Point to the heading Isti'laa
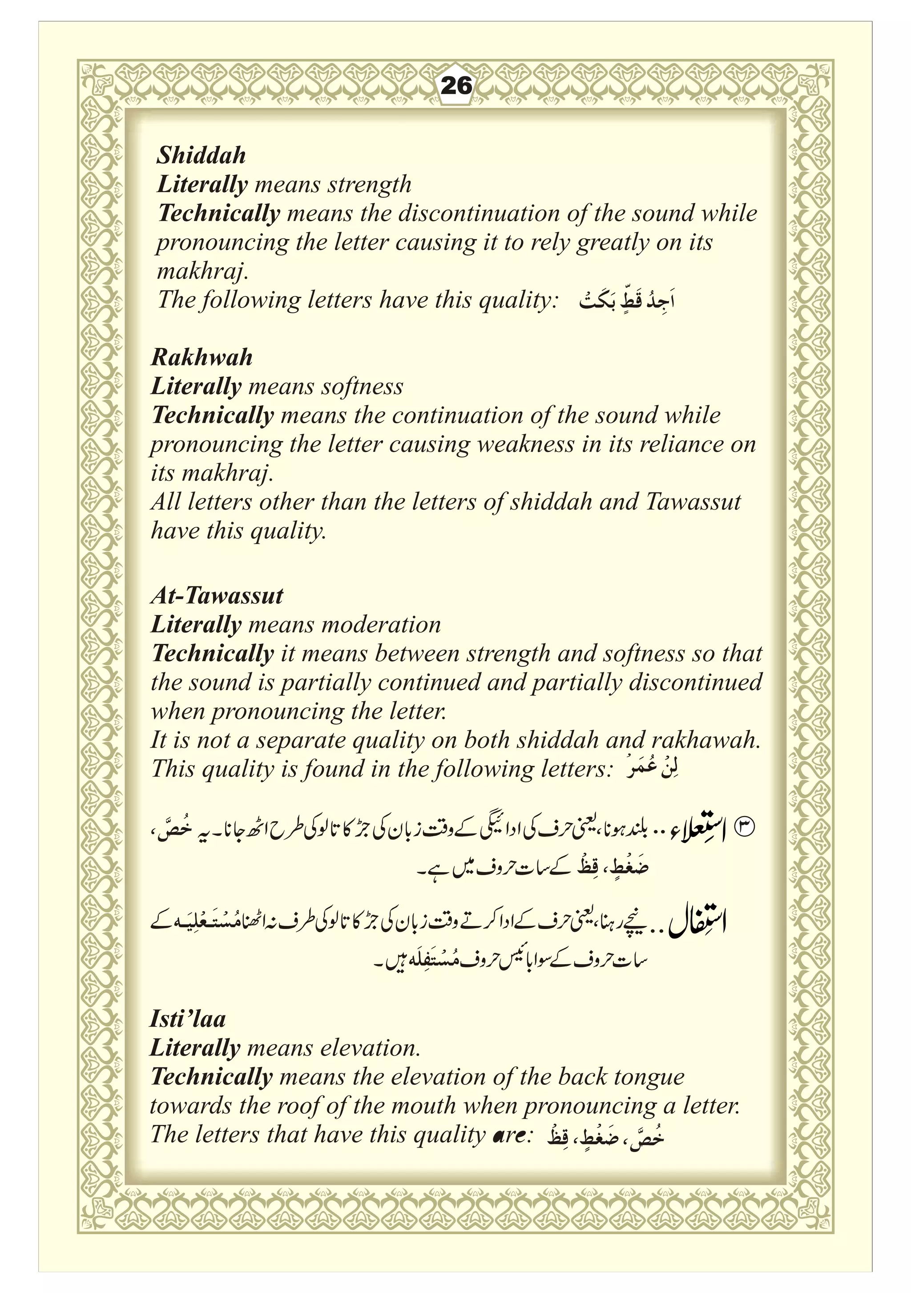point(187,1019)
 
